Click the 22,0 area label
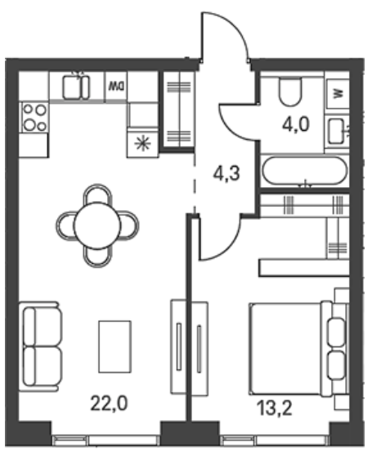coord(109,404)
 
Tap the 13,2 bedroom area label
coord(275,408)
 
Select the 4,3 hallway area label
coord(226,174)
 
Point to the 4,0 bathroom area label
coord(295,125)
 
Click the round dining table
coord(97,226)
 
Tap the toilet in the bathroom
coord(290,91)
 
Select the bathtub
coord(305,171)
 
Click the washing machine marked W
coord(338,94)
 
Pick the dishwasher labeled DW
coord(116,86)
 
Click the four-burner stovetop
coord(34,118)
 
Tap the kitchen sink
coord(76,87)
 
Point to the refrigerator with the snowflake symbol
coord(142,144)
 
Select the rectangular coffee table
coord(114,346)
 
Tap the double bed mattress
coord(285,349)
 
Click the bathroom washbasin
coord(336,131)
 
